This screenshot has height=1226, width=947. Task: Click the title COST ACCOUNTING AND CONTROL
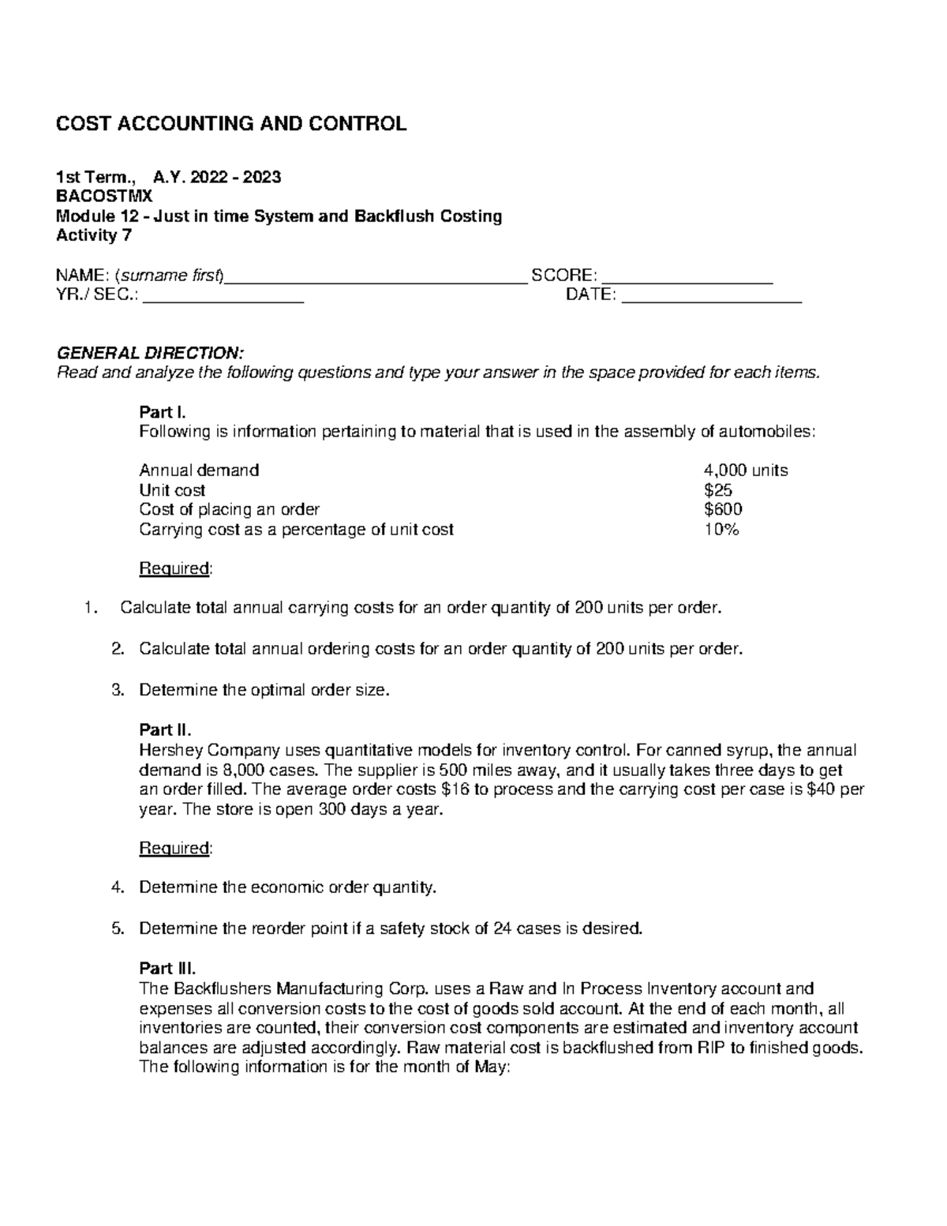tap(230, 124)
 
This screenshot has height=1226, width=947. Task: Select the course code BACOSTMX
tap(103, 197)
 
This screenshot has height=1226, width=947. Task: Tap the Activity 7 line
tap(94, 235)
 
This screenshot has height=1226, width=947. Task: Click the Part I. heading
tap(163, 412)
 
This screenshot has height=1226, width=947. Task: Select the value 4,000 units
tap(746, 471)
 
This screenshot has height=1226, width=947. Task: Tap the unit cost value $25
tap(718, 490)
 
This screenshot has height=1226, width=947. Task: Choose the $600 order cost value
tap(723, 510)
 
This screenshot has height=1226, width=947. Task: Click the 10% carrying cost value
tap(721, 530)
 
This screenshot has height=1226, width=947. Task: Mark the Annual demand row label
tap(199, 471)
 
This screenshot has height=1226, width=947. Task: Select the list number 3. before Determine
tap(118, 690)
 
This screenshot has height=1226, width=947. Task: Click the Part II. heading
tap(165, 729)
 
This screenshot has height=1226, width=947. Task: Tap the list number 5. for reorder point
tap(118, 928)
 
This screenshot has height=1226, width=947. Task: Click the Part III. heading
tap(167, 968)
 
